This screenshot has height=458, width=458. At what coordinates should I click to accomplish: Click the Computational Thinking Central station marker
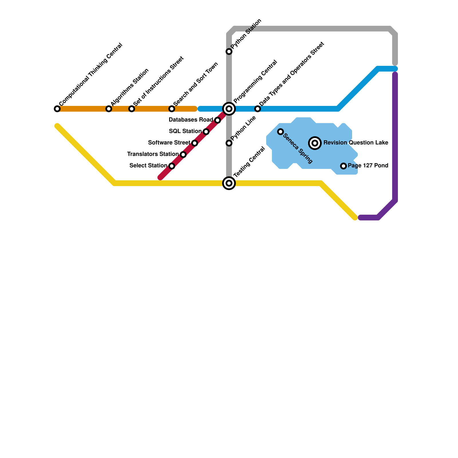pyautogui.click(x=57, y=109)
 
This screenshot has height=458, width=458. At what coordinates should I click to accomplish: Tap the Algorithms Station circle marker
pyautogui.click(x=109, y=109)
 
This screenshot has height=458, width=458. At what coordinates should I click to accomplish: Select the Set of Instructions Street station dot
pyautogui.click(x=132, y=109)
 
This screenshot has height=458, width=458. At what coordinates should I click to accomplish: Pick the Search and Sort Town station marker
pyautogui.click(x=172, y=109)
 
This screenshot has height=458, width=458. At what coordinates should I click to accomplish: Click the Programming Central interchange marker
pyautogui.click(x=229, y=109)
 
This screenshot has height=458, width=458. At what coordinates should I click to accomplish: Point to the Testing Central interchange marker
pyautogui.click(x=229, y=183)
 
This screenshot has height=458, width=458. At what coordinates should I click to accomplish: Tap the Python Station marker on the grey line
pyautogui.click(x=229, y=52)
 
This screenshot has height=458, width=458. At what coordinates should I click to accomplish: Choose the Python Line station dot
pyautogui.click(x=229, y=143)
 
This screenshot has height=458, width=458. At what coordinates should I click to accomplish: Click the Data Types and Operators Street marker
pyautogui.click(x=258, y=109)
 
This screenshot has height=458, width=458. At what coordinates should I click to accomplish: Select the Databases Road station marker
pyautogui.click(x=218, y=120)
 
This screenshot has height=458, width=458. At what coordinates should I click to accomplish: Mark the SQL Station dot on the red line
pyautogui.click(x=206, y=132)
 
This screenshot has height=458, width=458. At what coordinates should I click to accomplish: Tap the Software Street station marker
pyautogui.click(x=195, y=143)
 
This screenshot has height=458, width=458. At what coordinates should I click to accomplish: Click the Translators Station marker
pyautogui.click(x=183, y=155)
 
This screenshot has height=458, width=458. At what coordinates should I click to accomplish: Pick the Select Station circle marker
pyautogui.click(x=172, y=166)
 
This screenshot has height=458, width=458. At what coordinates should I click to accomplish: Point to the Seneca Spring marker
pyautogui.click(x=281, y=132)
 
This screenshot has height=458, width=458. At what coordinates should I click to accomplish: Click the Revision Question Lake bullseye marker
pyautogui.click(x=315, y=143)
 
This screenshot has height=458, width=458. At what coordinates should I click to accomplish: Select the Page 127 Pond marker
pyautogui.click(x=343, y=166)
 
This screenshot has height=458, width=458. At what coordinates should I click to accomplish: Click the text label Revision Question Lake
pyautogui.click(x=356, y=143)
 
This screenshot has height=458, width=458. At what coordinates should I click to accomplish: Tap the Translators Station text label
pyautogui.click(x=153, y=154)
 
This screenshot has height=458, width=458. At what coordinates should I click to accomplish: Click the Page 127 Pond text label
pyautogui.click(x=368, y=165)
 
